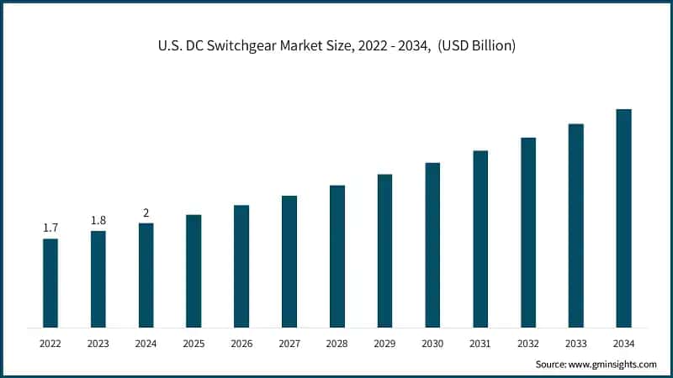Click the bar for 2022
pyautogui.click(x=50, y=283)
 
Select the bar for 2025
pyautogui.click(x=193, y=270)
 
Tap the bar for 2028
pyautogui.click(x=336, y=256)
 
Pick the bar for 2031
pyautogui.click(x=480, y=239)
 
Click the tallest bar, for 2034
pyautogui.click(x=623, y=218)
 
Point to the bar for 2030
pyautogui.click(x=432, y=244)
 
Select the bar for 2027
pyautogui.click(x=289, y=261)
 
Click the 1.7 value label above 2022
pyautogui.click(x=50, y=228)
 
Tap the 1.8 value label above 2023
pyautogui.click(x=98, y=220)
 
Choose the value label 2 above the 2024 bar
pyautogui.click(x=146, y=213)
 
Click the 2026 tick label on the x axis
pyautogui.click(x=241, y=344)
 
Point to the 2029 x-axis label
pyautogui.click(x=384, y=344)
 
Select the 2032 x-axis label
pyautogui.click(x=528, y=344)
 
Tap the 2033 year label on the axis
pyautogui.click(x=575, y=344)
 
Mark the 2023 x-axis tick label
pyautogui.click(x=98, y=344)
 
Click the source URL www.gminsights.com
pyautogui.click(x=613, y=365)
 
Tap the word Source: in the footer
pyautogui.click(x=552, y=365)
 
